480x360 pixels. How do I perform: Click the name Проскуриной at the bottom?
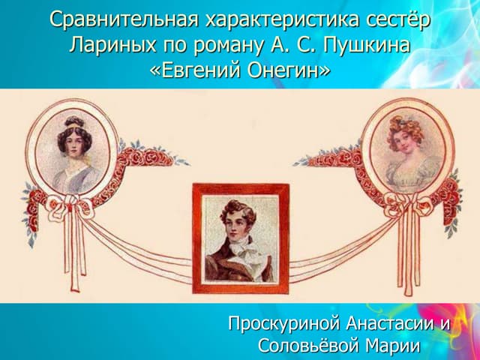click(x=285, y=325)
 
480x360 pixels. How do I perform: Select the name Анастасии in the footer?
click(x=393, y=325)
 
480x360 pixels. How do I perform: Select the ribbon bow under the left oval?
click(x=72, y=205)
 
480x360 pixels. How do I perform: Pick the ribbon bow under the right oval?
click(x=407, y=205)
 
